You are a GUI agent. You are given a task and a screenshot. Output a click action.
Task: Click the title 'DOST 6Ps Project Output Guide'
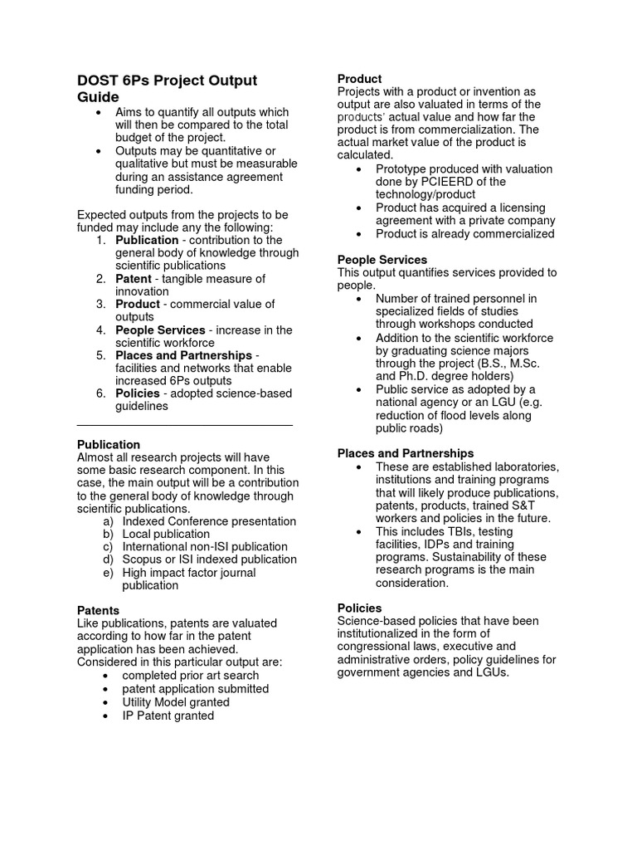[x=166, y=89]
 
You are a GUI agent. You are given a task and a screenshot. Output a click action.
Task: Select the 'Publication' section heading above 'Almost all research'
[x=108, y=444]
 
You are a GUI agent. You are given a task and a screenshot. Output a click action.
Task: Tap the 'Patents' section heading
[x=98, y=610]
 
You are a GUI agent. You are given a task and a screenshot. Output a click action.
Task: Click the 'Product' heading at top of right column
[x=359, y=78]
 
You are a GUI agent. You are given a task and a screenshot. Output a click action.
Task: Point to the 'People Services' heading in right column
[x=382, y=260]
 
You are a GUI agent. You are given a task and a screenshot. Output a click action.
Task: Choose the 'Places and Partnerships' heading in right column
[x=405, y=453]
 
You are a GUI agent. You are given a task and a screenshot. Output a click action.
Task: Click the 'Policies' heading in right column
[x=359, y=608]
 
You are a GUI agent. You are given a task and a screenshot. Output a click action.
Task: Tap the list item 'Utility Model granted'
[x=175, y=701]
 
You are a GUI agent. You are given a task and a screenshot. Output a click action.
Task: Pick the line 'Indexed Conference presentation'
[x=209, y=521]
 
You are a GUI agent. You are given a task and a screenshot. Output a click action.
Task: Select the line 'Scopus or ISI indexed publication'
[x=209, y=559]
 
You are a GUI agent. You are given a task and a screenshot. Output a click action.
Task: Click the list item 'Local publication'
[x=166, y=534]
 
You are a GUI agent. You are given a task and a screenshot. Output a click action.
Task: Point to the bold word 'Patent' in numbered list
[x=133, y=279]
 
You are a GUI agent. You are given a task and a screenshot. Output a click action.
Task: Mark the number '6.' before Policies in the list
[x=100, y=393]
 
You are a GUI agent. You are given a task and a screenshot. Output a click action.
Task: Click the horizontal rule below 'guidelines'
[x=184, y=425]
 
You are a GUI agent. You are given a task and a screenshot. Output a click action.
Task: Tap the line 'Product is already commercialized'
[x=464, y=234]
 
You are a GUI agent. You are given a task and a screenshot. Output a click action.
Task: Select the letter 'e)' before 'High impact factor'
[x=108, y=573]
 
